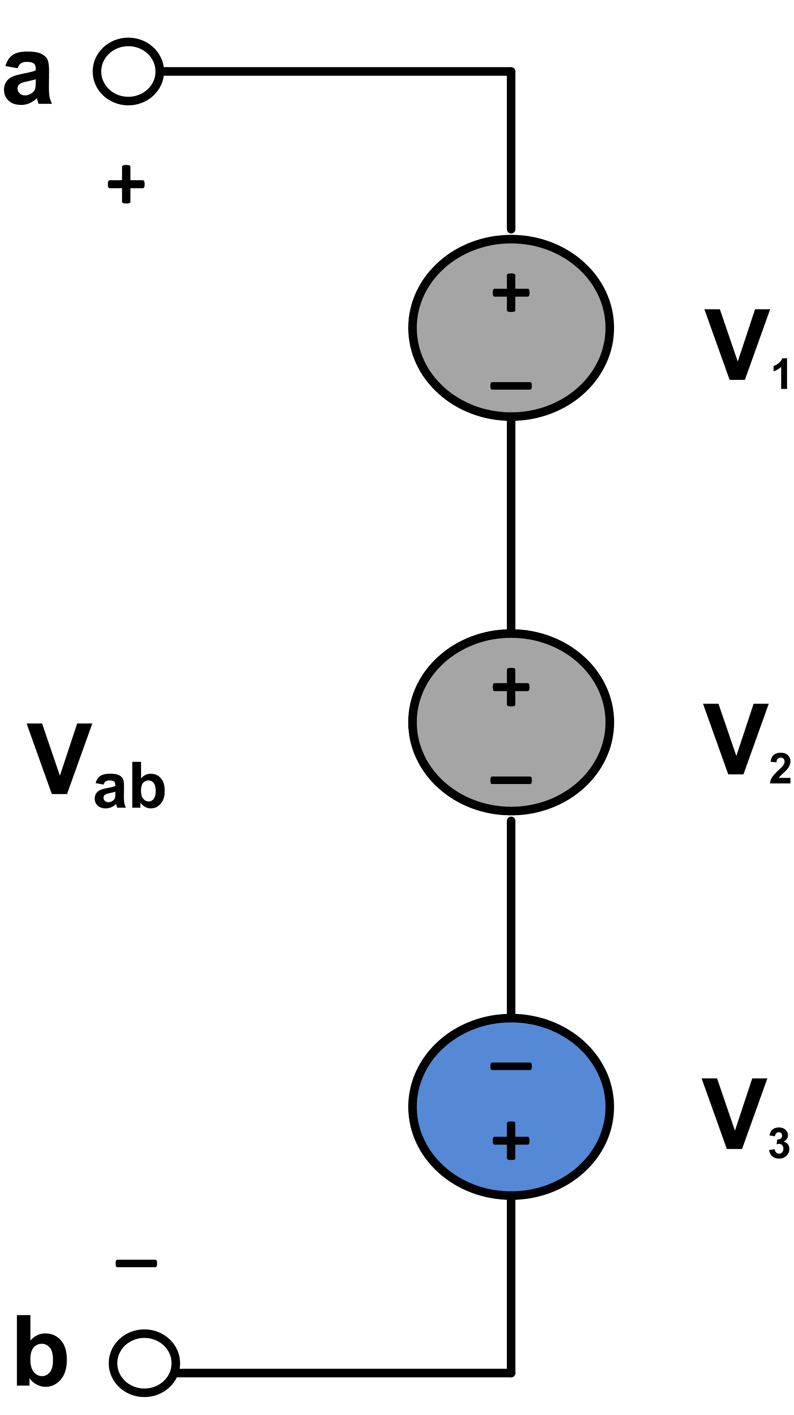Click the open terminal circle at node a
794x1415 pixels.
(x=128, y=71)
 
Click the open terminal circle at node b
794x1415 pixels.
(x=144, y=1363)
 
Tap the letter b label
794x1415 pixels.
(x=41, y=1351)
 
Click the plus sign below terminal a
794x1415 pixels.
(x=126, y=184)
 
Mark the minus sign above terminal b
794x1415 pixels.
(x=136, y=1264)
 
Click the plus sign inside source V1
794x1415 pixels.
(x=511, y=292)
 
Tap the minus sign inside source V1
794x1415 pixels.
(x=511, y=386)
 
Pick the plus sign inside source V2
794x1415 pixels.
(x=511, y=687)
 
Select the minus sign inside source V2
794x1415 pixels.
(x=511, y=780)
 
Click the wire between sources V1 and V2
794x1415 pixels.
(x=511, y=525)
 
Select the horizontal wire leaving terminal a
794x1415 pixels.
(x=335, y=71)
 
